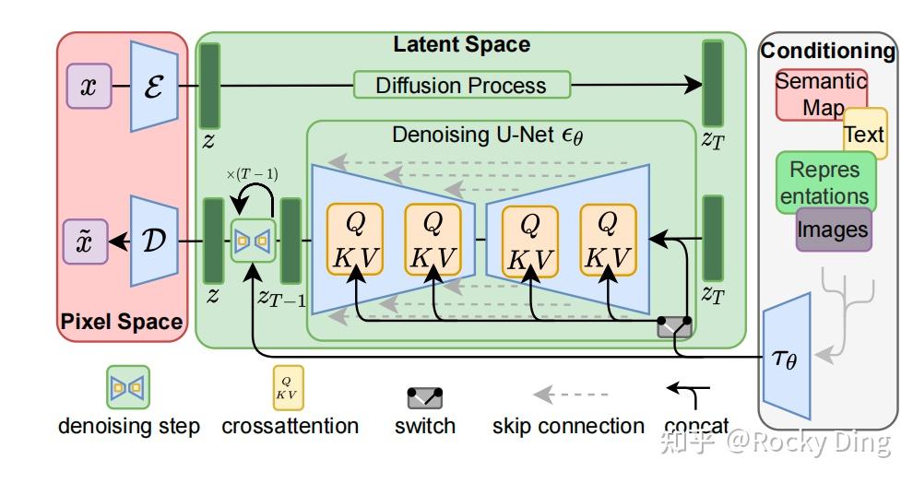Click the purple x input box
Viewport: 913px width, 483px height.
(x=89, y=86)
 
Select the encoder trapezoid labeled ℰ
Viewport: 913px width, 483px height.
(x=154, y=86)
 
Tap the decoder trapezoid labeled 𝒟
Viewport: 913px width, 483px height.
(x=154, y=241)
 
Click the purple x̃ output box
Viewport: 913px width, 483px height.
(x=86, y=241)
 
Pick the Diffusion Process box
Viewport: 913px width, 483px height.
(x=462, y=85)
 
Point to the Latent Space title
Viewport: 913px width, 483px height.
(x=462, y=44)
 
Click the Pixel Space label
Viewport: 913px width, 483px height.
(x=122, y=321)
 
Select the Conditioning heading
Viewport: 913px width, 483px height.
(x=828, y=51)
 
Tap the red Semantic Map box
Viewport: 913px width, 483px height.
(x=821, y=95)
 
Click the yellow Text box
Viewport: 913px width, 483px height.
(x=865, y=134)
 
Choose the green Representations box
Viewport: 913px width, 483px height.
(x=825, y=183)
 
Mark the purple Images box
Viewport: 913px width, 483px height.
(x=834, y=230)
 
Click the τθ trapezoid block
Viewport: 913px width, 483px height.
(x=787, y=356)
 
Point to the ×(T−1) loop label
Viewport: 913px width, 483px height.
(x=252, y=174)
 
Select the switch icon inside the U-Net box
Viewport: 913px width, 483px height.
(x=674, y=326)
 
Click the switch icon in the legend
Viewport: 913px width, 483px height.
(x=424, y=398)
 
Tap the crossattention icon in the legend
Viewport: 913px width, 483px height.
(x=289, y=387)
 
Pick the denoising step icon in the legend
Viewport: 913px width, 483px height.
(x=128, y=387)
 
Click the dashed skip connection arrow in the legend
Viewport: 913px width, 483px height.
(x=571, y=395)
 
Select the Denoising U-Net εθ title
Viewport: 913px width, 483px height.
(x=487, y=135)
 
